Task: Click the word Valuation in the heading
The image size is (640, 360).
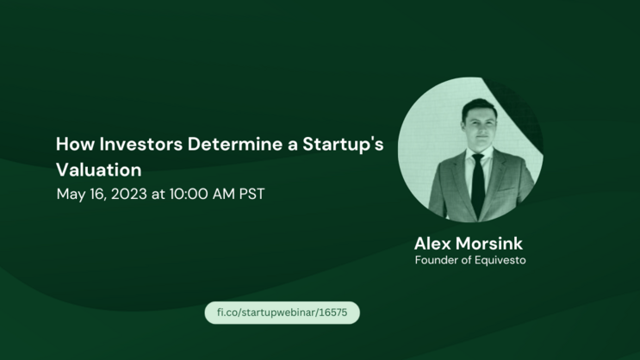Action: pyautogui.click(x=98, y=169)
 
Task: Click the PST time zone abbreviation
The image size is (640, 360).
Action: pyautogui.click(x=249, y=194)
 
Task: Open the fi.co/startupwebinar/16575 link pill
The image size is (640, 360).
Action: pyautogui.click(x=282, y=313)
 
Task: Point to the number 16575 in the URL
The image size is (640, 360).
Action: pyautogui.click(x=336, y=313)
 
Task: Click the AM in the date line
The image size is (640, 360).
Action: pyautogui.click(x=221, y=194)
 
